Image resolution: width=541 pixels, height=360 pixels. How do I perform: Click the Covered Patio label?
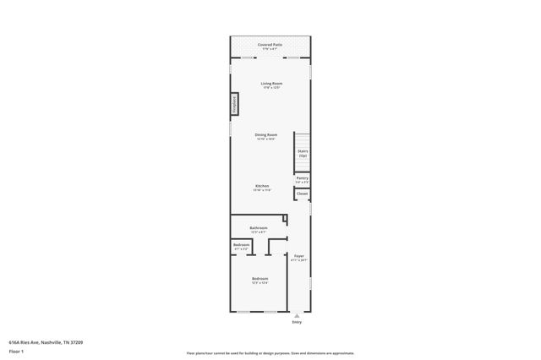tap(270, 44)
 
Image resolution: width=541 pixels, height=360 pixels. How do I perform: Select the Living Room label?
tap(270, 83)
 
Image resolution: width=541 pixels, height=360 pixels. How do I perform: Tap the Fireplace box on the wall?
tap(234, 104)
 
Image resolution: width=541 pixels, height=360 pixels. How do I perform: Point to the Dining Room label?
tap(266, 134)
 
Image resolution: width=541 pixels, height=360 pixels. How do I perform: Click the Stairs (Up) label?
tap(303, 153)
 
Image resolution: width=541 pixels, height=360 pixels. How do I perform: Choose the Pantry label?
tap(302, 177)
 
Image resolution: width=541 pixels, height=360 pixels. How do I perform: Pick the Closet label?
tap(302, 194)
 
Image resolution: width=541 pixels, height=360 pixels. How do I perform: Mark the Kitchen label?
tap(262, 186)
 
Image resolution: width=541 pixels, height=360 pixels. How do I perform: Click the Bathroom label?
tap(259, 228)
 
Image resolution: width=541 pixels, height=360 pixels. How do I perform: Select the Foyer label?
tap(298, 255)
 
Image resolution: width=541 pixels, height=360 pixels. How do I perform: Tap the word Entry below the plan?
tap(297, 323)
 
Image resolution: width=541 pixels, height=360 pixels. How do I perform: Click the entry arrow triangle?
tap(297, 315)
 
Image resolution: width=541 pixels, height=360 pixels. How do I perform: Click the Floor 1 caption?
tap(16, 350)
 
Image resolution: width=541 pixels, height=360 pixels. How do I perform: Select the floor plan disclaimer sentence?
tap(270, 353)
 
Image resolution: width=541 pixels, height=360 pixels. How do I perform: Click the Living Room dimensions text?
tap(270, 88)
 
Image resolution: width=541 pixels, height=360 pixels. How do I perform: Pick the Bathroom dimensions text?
tap(259, 232)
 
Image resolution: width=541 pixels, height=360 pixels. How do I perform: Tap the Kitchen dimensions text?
tap(262, 190)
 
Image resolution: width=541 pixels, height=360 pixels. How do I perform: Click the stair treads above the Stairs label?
tap(302, 139)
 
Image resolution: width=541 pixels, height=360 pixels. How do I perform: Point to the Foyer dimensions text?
tap(298, 260)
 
